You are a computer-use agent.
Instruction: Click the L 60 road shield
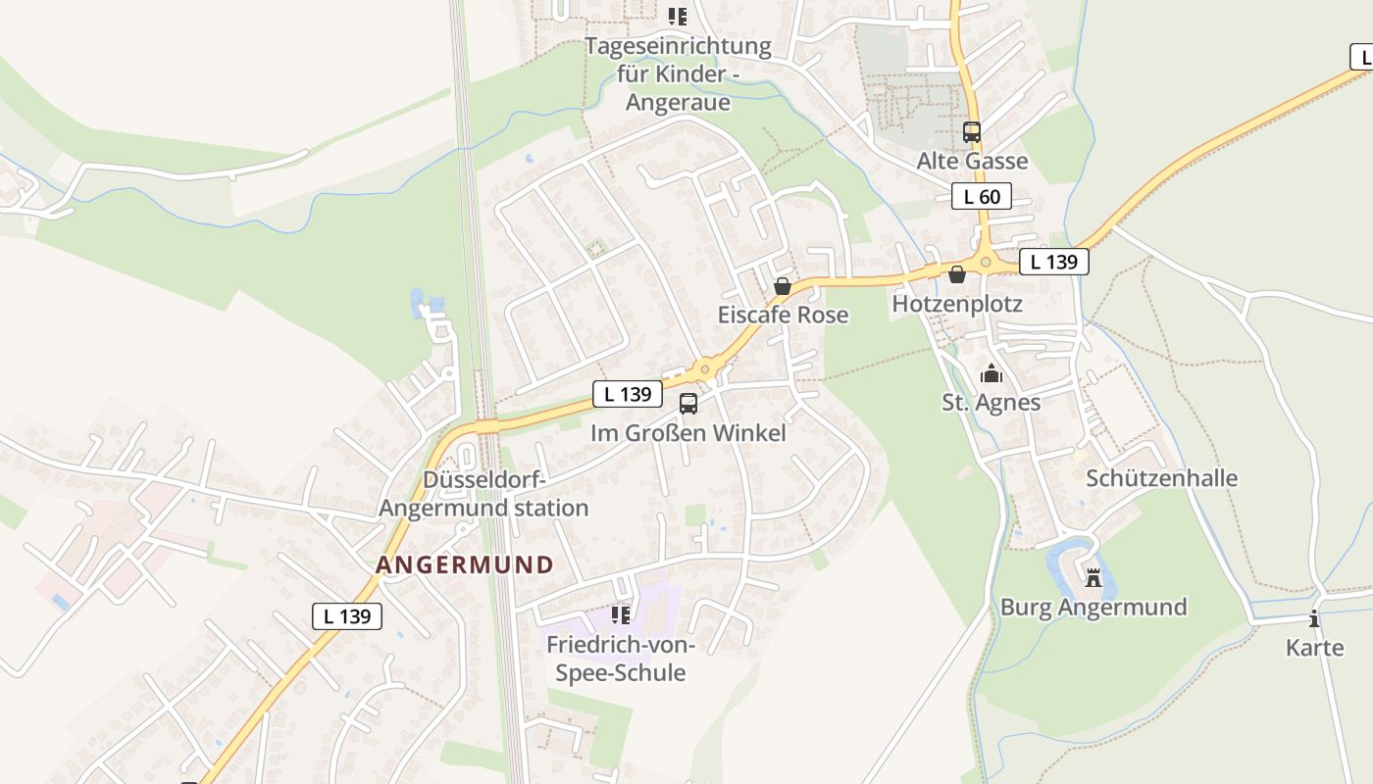[x=982, y=196]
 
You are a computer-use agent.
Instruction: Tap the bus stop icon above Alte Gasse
[x=972, y=131]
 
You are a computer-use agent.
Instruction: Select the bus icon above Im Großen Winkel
[x=688, y=403]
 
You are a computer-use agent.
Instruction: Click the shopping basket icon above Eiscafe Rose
[x=783, y=286]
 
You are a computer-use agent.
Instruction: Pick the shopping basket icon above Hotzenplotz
[x=957, y=275]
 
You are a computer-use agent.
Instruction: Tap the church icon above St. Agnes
[x=992, y=373]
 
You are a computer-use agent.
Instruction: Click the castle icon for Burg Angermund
[x=1093, y=578]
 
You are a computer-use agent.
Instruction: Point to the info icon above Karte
[x=1314, y=618]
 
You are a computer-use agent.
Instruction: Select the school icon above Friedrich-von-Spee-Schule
[x=620, y=615]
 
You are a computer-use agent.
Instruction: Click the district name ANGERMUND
[x=465, y=565]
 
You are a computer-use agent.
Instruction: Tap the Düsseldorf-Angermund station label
[x=483, y=494]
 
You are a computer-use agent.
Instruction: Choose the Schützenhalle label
[x=1161, y=478]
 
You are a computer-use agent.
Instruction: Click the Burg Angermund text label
[x=1093, y=608]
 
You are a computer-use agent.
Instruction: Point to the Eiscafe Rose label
[x=783, y=315]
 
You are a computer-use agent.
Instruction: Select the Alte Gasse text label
[x=972, y=161]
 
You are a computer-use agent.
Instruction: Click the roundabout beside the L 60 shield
[x=986, y=262]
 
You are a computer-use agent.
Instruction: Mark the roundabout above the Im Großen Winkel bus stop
[x=704, y=369]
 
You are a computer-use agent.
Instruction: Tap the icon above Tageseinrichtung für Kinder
[x=677, y=17]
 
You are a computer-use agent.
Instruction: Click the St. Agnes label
[x=992, y=402]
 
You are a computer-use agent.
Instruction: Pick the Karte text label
[x=1315, y=648]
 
